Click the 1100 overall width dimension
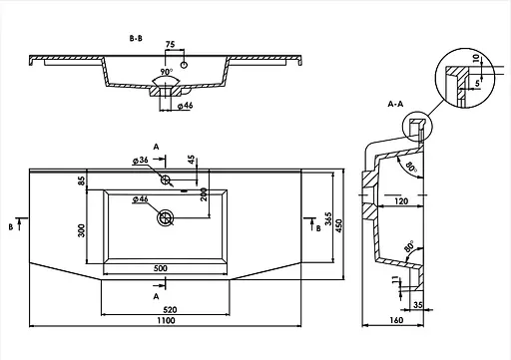click(166, 320)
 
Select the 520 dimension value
click(170, 310)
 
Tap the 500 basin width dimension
click(161, 268)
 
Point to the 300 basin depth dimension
click(81, 230)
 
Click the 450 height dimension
click(338, 225)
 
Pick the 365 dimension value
click(328, 219)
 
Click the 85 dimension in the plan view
click(82, 180)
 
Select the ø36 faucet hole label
click(140, 160)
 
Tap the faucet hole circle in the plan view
click(166, 180)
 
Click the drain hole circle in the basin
click(165, 218)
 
